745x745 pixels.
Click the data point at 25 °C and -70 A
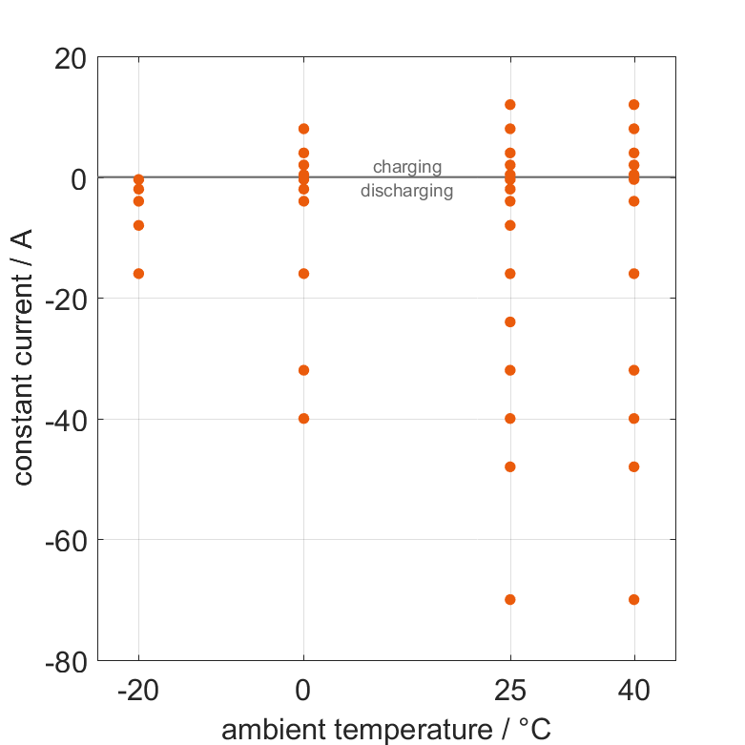coord(510,599)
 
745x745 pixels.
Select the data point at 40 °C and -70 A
coord(633,599)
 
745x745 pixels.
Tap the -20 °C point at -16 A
coord(138,274)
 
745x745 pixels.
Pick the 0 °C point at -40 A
coord(304,418)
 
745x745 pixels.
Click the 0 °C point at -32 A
coord(304,370)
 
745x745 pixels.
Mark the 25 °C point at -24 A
coord(510,321)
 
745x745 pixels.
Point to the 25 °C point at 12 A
coord(510,105)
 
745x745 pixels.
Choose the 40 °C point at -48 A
coord(633,466)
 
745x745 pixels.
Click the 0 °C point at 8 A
coord(304,129)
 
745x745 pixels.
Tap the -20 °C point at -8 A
coord(138,225)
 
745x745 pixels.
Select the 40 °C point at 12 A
coord(633,105)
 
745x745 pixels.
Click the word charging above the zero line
coord(407,167)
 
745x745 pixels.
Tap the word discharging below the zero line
coord(407,191)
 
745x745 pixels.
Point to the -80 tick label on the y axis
coord(66,660)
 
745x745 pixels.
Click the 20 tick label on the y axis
coord(72,58)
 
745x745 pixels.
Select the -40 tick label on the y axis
coord(66,419)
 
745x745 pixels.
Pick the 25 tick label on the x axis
coord(510,690)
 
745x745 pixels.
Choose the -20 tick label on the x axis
coord(138,690)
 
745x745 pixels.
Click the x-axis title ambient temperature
coord(386,730)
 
